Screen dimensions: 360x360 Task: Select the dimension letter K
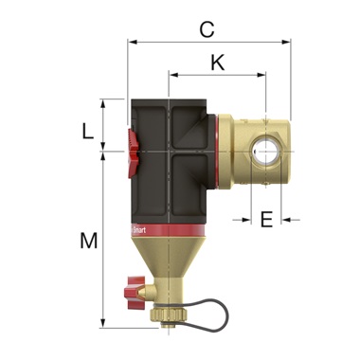[x=217, y=63]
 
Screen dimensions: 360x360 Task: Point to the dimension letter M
[x=88, y=242]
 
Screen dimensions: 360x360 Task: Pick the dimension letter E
[x=266, y=220]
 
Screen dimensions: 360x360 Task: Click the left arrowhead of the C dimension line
[x=130, y=42]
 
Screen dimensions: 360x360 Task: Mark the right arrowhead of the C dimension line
[x=287, y=42]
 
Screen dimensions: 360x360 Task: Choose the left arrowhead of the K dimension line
[x=171, y=73]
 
